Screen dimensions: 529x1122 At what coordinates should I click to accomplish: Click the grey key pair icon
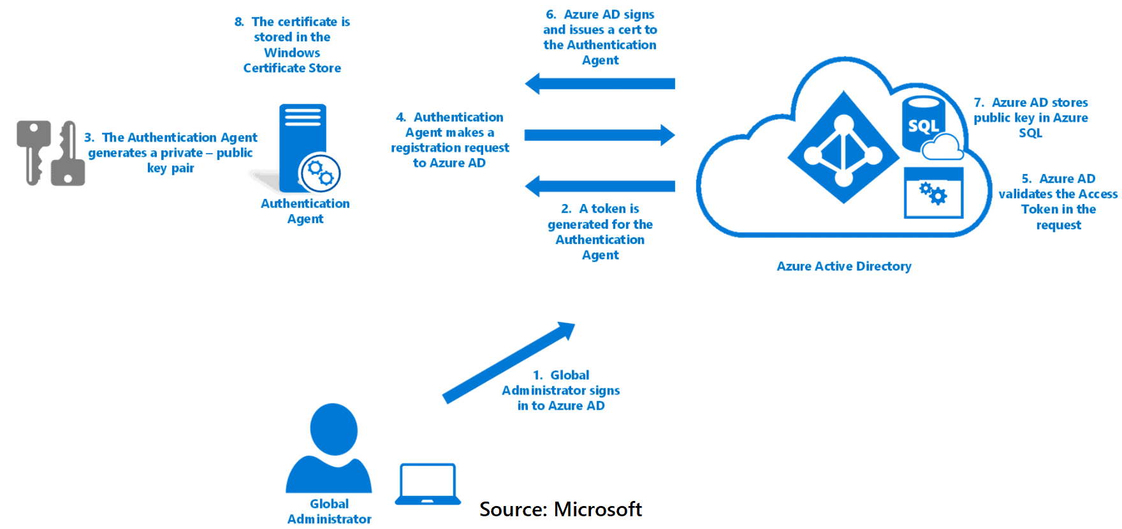pyautogui.click(x=50, y=154)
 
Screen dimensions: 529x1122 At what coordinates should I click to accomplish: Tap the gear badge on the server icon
pyautogui.click(x=320, y=173)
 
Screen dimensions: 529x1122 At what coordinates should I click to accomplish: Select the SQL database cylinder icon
pyautogui.click(x=923, y=124)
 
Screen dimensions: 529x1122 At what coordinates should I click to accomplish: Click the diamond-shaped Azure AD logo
pyautogui.click(x=843, y=148)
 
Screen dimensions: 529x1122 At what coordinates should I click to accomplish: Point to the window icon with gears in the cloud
pyautogui.click(x=933, y=193)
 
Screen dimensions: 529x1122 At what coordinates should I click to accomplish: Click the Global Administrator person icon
pyautogui.click(x=330, y=449)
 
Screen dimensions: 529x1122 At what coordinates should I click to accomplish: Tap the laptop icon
pyautogui.click(x=428, y=484)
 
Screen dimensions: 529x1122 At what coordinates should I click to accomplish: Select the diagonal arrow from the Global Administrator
pyautogui.click(x=508, y=363)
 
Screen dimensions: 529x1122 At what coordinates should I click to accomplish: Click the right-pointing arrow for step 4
pyautogui.click(x=599, y=135)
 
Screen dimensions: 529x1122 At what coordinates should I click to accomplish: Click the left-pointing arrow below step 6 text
pyautogui.click(x=599, y=83)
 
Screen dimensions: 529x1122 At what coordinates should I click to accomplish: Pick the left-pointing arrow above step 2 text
pyautogui.click(x=599, y=186)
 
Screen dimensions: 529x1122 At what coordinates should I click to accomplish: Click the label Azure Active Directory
pyautogui.click(x=843, y=266)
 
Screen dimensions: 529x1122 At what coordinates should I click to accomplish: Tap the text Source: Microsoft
pyautogui.click(x=560, y=509)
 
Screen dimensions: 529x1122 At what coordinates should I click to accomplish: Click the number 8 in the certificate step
pyautogui.click(x=238, y=22)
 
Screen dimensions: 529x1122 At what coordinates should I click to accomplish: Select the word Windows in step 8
pyautogui.click(x=292, y=53)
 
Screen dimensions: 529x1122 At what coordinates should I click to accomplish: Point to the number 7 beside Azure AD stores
pyautogui.click(x=979, y=103)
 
